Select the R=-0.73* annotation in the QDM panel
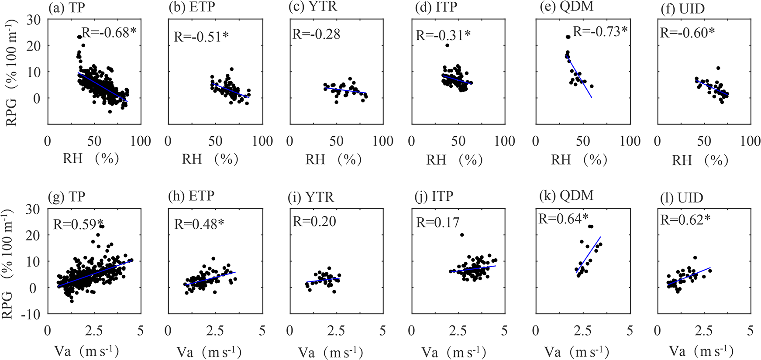pyautogui.click(x=600, y=31)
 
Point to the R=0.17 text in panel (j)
pyautogui.click(x=437, y=223)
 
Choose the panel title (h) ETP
pyautogui.click(x=191, y=196)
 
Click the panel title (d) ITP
pyautogui.click(x=436, y=8)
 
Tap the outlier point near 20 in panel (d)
pyautogui.click(x=447, y=45)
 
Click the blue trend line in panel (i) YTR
pyautogui.click(x=323, y=280)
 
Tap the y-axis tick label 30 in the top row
pyautogui.click(x=33, y=20)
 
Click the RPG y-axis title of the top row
pyautogui.click(x=11, y=72)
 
